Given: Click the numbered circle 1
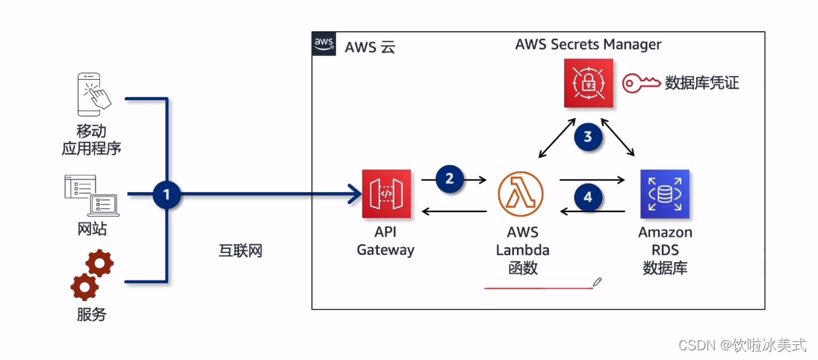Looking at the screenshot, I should [x=167, y=195].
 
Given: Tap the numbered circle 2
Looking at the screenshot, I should [x=449, y=179].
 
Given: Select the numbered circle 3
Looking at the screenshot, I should [x=588, y=137].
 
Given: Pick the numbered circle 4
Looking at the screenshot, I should [x=588, y=198].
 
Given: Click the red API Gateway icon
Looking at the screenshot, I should [x=386, y=194].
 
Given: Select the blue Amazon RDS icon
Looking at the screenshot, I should [x=664, y=194].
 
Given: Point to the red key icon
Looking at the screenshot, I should [x=641, y=82].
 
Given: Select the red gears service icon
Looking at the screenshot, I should [x=92, y=275].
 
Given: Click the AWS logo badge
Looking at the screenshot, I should [x=323, y=44].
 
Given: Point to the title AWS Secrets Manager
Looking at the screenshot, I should [x=588, y=44].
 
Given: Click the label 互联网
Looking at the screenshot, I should [x=235, y=251].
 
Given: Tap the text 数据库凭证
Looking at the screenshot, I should [x=701, y=83].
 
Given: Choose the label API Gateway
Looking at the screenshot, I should [x=385, y=241].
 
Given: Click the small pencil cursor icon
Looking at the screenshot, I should [x=597, y=282].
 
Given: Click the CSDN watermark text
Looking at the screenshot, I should [x=742, y=345].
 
